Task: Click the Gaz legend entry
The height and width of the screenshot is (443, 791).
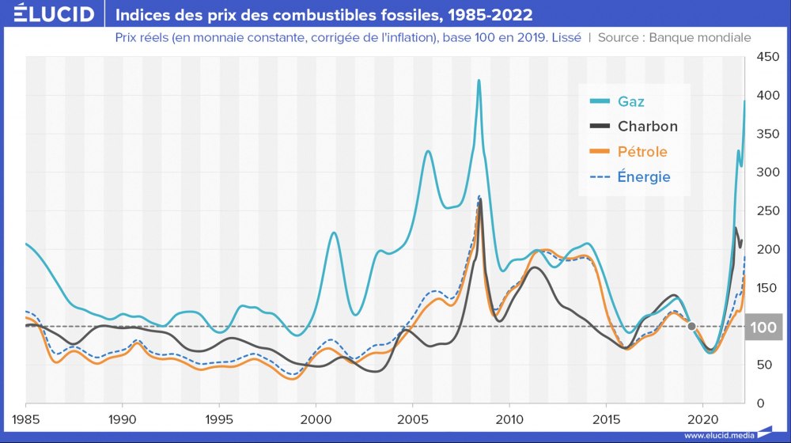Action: (631, 100)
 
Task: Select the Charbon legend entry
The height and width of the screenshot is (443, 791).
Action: (647, 126)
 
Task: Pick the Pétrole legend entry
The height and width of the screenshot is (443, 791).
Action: (642, 151)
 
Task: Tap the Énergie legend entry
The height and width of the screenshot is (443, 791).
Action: (644, 176)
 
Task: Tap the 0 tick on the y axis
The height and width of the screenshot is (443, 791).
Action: (761, 403)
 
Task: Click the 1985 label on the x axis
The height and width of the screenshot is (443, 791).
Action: (26, 417)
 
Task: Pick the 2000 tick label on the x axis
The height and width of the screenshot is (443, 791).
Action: (316, 417)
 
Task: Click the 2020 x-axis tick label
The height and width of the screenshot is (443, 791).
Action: (703, 417)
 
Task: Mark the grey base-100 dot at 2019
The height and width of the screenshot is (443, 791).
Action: (692, 326)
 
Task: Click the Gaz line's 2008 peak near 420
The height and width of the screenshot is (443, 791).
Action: (479, 80)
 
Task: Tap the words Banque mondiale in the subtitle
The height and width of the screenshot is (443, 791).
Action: (699, 37)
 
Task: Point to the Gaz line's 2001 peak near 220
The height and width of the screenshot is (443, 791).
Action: (334, 233)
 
